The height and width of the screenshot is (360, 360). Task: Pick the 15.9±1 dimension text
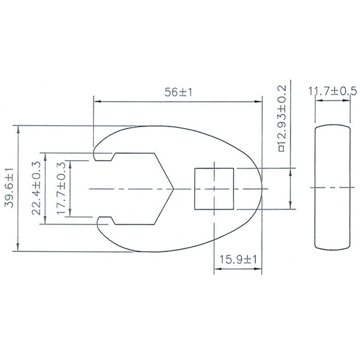point(238,259)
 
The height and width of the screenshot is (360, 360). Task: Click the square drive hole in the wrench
point(214,188)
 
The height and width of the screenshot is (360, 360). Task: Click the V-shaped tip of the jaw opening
point(172,188)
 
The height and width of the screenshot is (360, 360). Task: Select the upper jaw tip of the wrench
point(97,154)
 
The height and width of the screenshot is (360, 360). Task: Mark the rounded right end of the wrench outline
point(262,188)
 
